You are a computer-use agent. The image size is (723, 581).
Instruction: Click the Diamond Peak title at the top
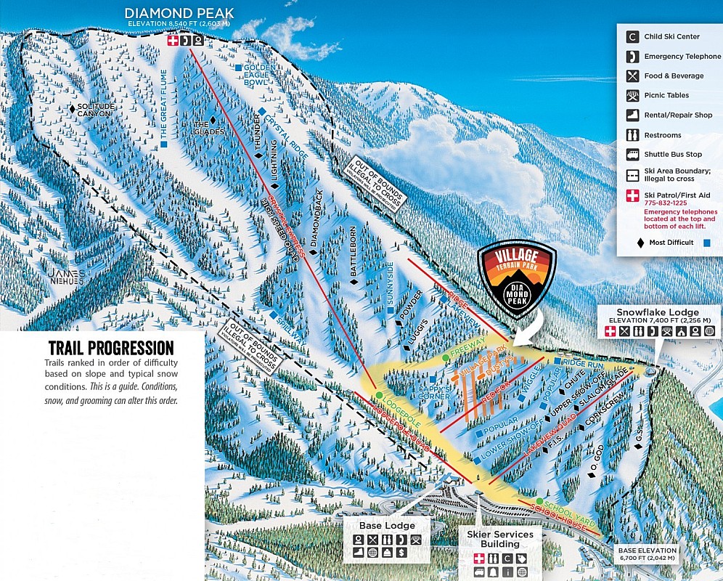coord(180,14)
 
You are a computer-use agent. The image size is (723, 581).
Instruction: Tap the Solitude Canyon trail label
coord(94,110)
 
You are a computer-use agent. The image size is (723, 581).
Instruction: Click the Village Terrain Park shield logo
coord(518,279)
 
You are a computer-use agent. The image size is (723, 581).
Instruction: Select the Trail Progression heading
coord(110,348)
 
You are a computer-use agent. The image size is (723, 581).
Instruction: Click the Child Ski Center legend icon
coord(632,36)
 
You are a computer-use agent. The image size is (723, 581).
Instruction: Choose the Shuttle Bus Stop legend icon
coord(632,155)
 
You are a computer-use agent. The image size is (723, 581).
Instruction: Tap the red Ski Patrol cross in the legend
coord(632,195)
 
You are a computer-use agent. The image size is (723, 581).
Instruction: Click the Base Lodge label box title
coord(388,525)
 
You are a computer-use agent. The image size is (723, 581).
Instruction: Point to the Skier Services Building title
coord(499,539)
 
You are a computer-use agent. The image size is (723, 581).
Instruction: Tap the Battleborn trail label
coord(354,252)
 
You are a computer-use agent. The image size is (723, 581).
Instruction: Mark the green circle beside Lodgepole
coord(379,395)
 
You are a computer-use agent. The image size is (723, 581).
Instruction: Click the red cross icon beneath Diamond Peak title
coord(173,41)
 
